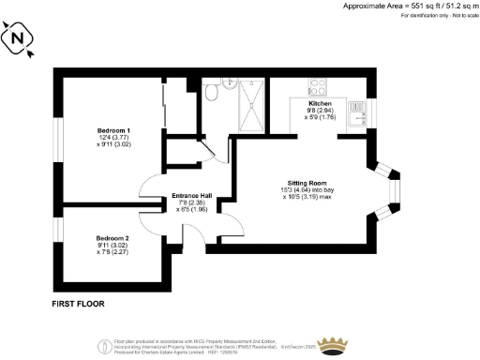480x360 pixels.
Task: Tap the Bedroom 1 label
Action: [113, 129]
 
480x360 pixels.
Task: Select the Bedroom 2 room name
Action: [112, 240]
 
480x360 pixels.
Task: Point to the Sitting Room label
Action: [306, 183]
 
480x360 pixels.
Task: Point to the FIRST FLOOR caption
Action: [78, 305]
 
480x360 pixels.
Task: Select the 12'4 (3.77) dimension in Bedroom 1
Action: [113, 138]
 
